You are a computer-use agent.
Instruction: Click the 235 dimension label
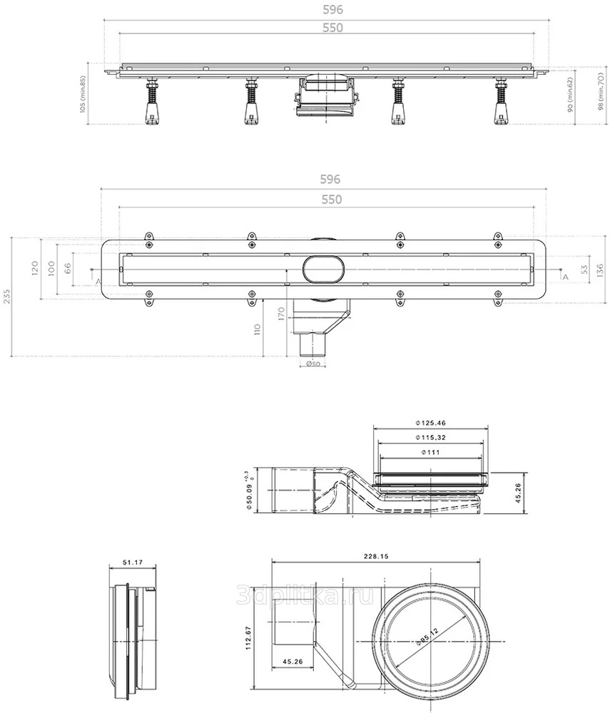click(7, 297)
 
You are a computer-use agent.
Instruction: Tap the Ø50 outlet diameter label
click(312, 364)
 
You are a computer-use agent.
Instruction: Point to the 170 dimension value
click(281, 314)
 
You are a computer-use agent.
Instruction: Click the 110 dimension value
click(259, 329)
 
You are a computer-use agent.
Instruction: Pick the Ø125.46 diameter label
click(429, 421)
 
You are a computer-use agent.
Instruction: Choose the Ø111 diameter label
click(429, 453)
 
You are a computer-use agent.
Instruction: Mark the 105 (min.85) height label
click(83, 95)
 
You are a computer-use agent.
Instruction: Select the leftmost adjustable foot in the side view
click(151, 104)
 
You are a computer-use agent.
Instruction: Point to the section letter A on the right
click(565, 276)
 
